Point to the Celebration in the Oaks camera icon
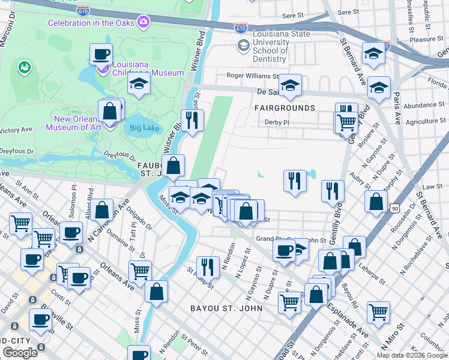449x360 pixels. tap(143, 23)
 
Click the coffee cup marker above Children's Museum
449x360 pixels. tap(101, 55)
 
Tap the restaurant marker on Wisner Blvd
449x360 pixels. tap(193, 120)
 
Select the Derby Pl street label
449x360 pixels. tap(277, 122)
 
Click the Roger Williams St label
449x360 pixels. tap(252, 76)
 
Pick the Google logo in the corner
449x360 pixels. tap(20, 353)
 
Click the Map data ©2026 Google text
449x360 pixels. tap(412, 355)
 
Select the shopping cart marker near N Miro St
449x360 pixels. tap(378, 311)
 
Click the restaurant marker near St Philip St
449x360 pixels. tap(208, 266)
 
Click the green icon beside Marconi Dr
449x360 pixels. tap(25, 66)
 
